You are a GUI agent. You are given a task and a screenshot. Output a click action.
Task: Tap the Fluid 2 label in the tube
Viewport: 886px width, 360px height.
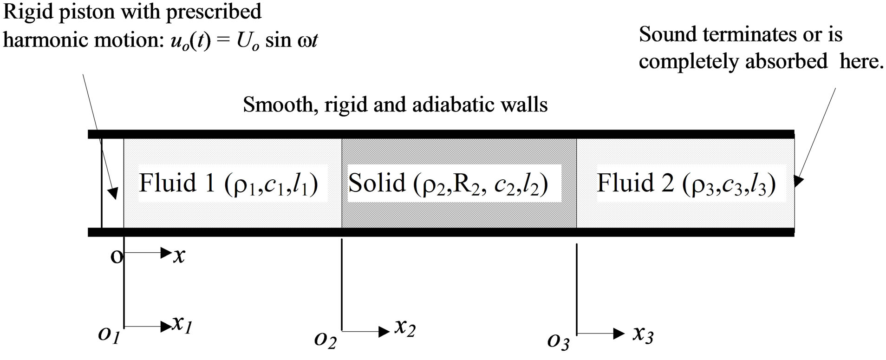686,183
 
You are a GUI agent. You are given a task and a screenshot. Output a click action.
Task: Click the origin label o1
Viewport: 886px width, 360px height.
109,335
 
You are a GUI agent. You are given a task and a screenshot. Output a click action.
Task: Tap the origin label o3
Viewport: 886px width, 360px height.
558,342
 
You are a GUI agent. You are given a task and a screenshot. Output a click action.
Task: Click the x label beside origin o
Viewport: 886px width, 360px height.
179,255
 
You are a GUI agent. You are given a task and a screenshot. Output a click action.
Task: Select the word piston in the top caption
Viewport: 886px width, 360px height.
83,11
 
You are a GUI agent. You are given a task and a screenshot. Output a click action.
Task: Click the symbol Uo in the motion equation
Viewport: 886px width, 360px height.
248,41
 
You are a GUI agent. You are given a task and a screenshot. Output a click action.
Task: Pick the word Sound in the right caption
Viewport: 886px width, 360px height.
663,35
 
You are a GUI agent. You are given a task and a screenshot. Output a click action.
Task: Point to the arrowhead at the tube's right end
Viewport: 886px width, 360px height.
798,180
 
